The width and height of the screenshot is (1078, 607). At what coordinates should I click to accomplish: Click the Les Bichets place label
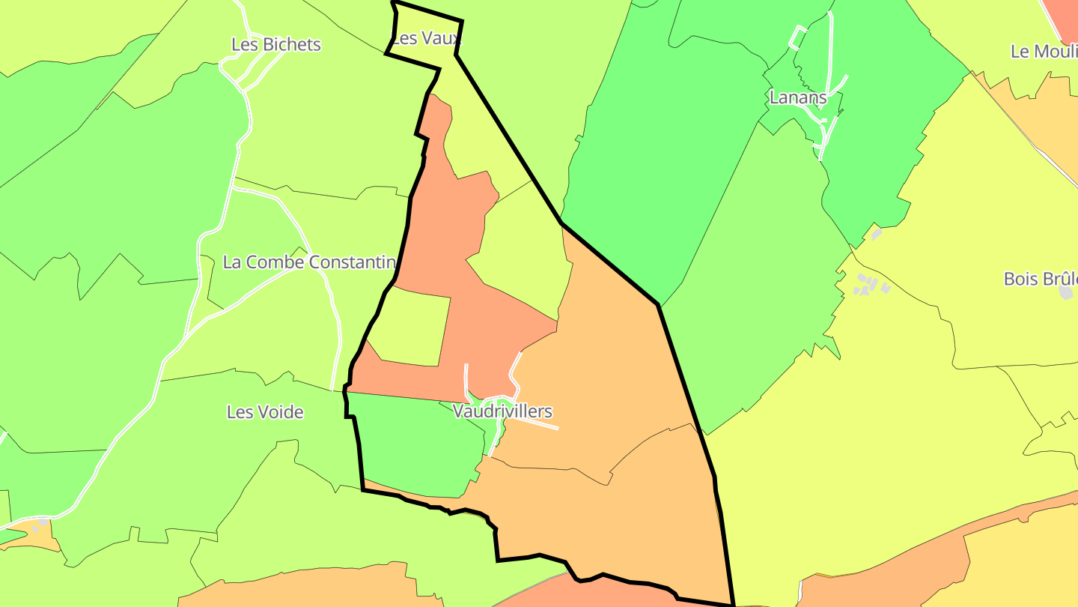coord(275,45)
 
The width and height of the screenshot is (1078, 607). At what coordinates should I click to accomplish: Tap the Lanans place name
coord(798,97)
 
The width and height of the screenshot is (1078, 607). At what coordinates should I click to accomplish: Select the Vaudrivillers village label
coord(502,411)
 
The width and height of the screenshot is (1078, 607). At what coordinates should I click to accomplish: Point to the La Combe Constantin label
coord(309,262)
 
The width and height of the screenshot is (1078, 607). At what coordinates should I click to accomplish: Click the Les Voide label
coord(265,412)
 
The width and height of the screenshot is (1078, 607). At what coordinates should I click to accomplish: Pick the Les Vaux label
coord(426,38)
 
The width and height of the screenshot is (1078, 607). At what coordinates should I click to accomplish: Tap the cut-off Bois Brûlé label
coord(1040,279)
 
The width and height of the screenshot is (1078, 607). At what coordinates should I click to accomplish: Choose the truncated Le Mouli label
coord(1044,52)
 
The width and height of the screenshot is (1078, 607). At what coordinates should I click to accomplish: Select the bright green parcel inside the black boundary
coord(419,446)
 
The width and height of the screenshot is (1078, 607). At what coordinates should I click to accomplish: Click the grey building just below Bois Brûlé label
coord(1066,292)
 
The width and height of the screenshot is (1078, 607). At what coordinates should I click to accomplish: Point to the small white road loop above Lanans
coord(798,37)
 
